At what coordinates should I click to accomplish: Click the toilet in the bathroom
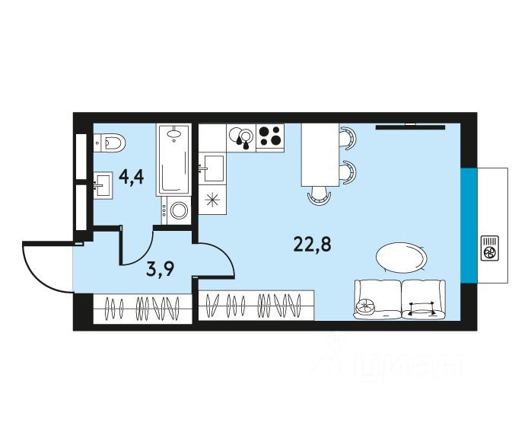[x=111, y=142]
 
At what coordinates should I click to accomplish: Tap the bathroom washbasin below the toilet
[x=102, y=184]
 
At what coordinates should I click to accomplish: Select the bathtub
[x=176, y=160]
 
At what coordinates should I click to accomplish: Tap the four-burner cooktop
[x=270, y=136]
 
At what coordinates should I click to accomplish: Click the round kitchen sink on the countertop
[x=243, y=136]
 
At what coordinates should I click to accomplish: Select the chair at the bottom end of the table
[x=320, y=197]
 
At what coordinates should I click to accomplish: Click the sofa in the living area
[x=399, y=299]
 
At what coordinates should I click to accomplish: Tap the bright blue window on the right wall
[x=468, y=224]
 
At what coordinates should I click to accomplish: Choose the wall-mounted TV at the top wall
[x=410, y=127]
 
